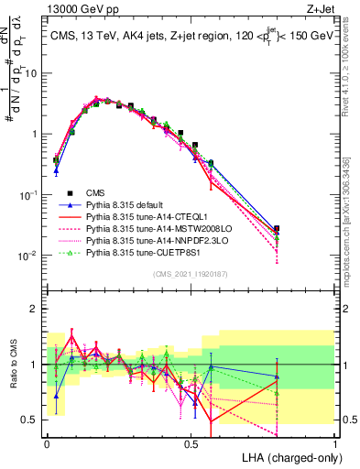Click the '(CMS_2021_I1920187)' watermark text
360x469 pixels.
coord(191,274)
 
